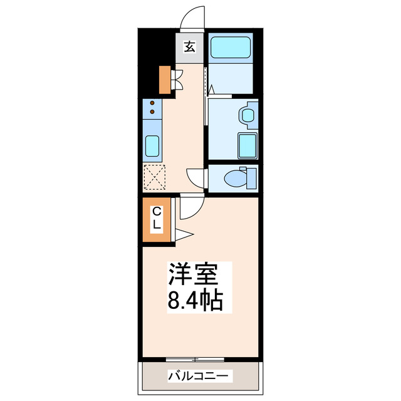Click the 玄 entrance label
(190, 46)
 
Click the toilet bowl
(236, 178)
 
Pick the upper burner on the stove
(152, 104)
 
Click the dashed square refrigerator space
(153, 176)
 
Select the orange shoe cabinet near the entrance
(164, 78)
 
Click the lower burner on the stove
(152, 113)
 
